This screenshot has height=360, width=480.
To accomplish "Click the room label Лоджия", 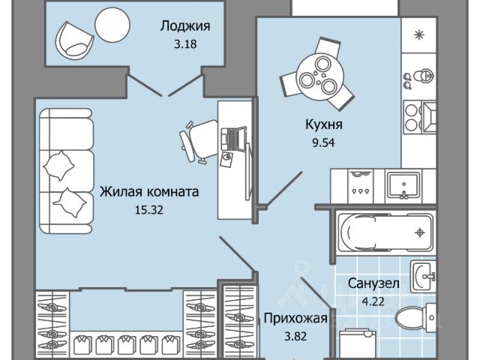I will tap(184, 25).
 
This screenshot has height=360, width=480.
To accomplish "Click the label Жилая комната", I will tap(149, 192).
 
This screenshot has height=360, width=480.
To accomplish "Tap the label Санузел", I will tap(373, 283).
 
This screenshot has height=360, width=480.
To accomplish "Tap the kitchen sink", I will tap(405, 184).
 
